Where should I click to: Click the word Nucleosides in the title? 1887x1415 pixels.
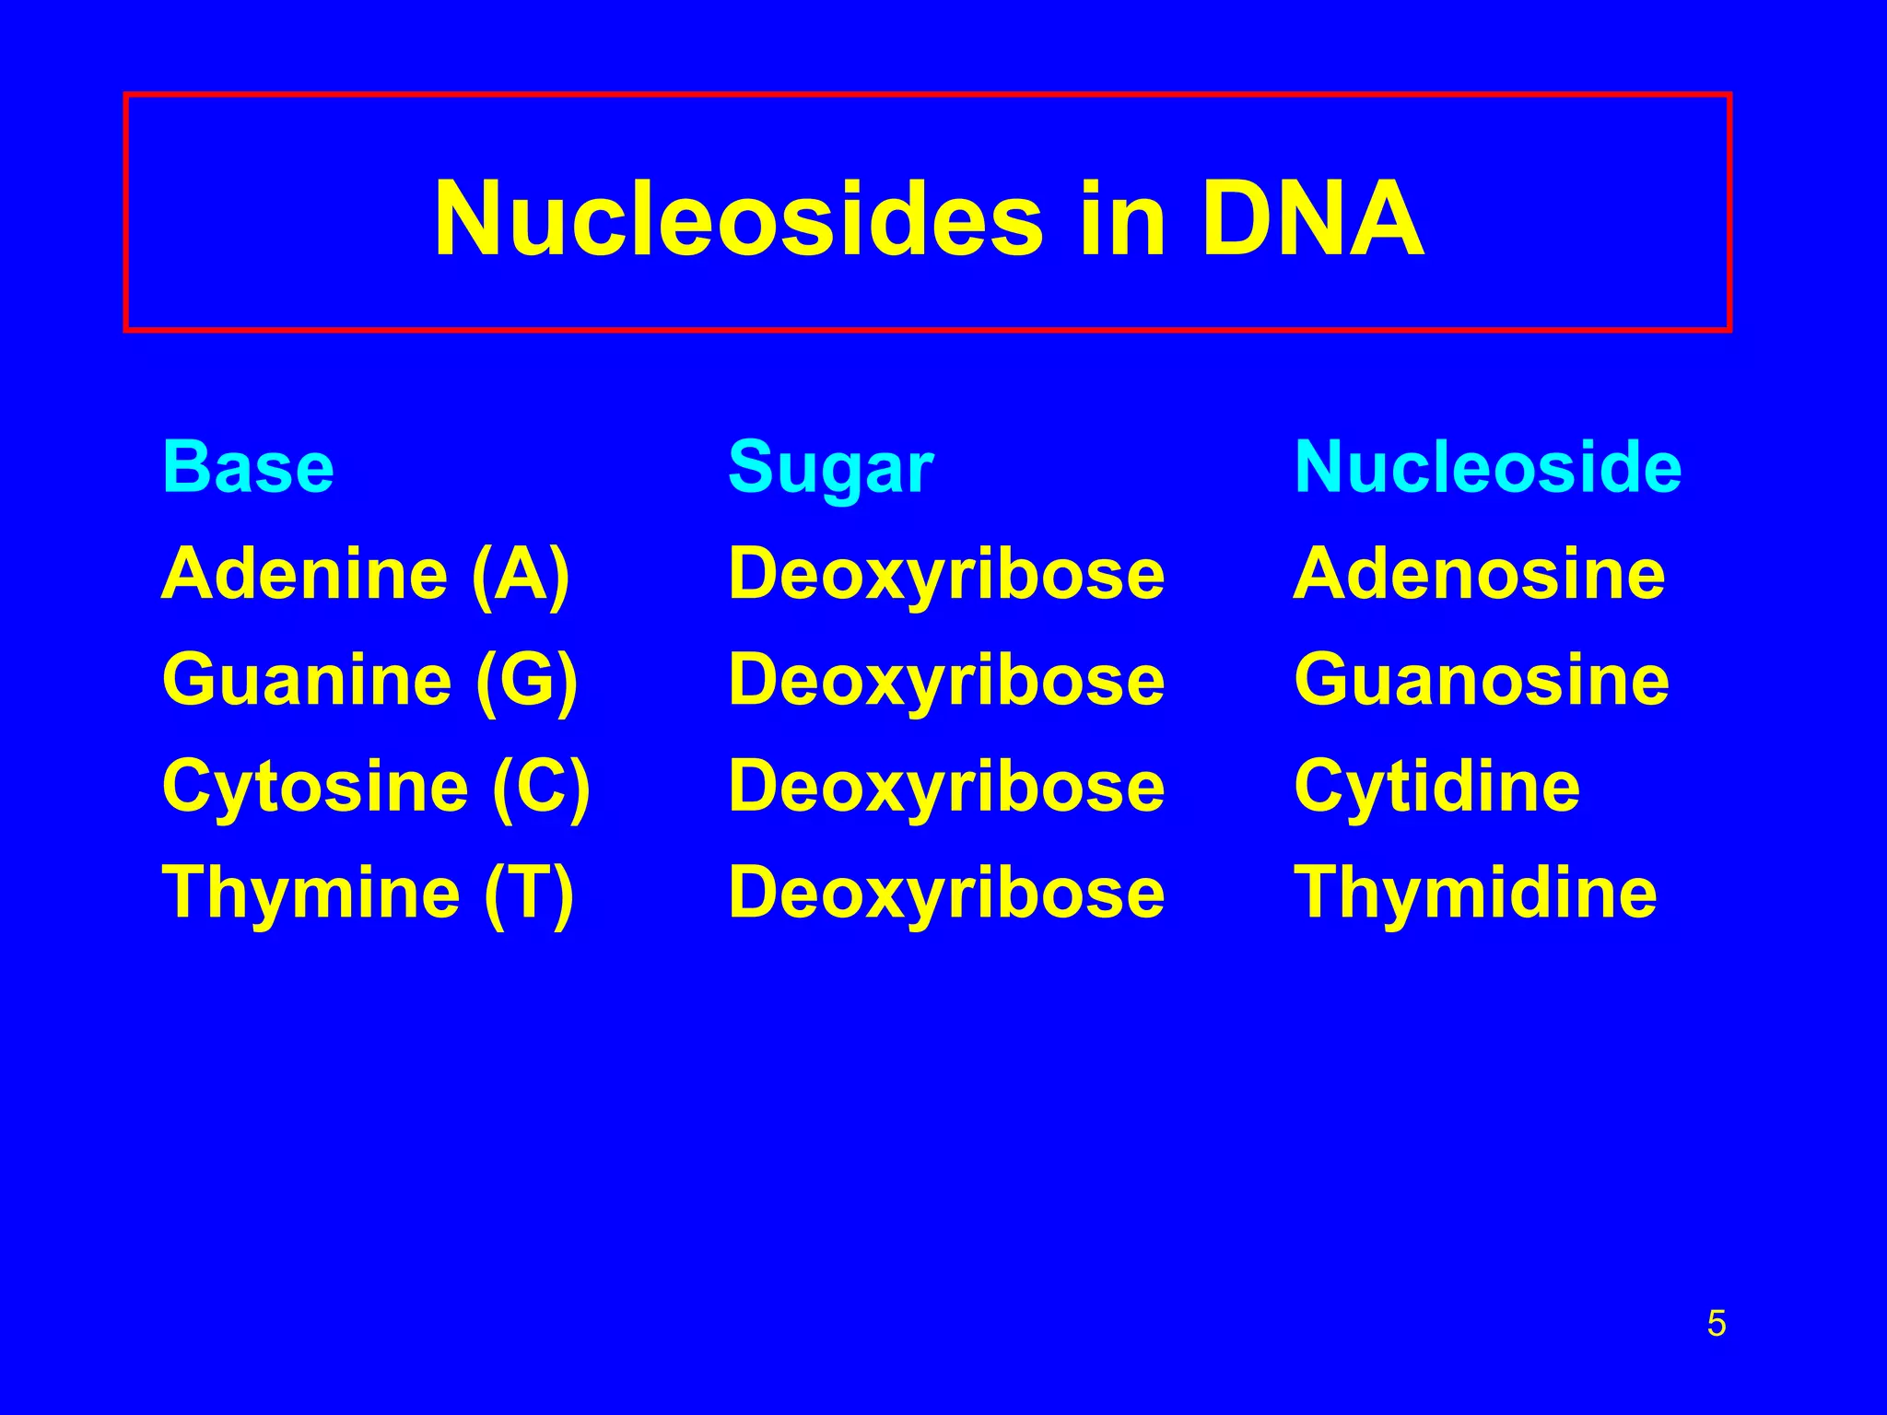click(738, 220)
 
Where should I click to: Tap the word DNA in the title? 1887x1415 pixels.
click(1313, 220)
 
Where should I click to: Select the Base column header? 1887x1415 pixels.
click(248, 467)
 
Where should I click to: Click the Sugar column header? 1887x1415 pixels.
click(830, 469)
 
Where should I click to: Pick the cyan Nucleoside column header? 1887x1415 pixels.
click(1487, 467)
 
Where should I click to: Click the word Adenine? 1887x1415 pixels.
click(304, 574)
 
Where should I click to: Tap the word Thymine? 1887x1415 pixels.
click(311, 894)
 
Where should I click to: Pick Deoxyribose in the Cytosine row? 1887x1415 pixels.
click(946, 788)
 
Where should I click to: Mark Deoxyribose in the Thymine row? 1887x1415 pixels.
click(946, 894)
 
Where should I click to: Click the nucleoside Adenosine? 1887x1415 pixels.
click(1479, 574)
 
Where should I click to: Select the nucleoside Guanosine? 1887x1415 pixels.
click(1481, 681)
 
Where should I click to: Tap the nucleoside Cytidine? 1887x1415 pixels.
click(1436, 788)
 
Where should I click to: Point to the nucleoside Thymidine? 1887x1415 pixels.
click(1475, 894)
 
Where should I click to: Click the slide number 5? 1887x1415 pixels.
click(1716, 1324)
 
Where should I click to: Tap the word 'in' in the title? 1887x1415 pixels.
click(1121, 220)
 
